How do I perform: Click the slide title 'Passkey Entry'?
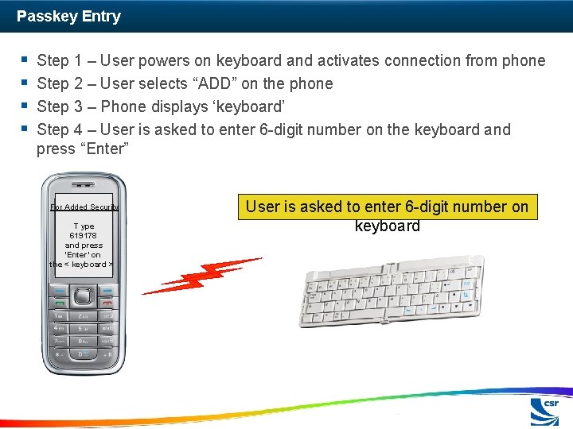point(68,16)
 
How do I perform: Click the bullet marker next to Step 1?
point(25,60)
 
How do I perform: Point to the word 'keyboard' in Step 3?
point(254,106)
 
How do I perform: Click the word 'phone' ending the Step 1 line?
point(522,60)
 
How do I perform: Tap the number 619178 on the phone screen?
point(84,236)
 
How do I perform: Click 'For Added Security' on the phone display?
point(84,207)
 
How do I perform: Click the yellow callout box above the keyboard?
point(387,216)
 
